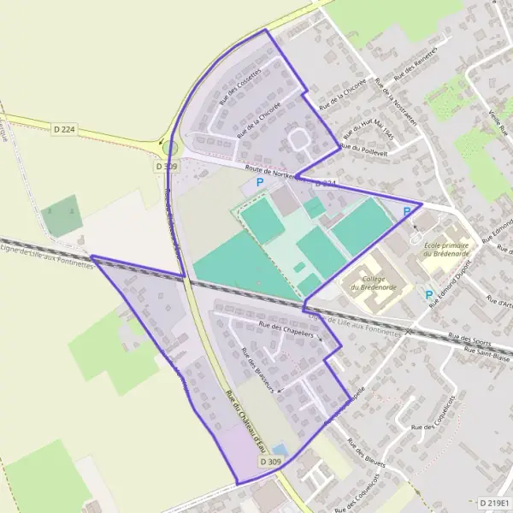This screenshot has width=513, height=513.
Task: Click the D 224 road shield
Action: point(64,129)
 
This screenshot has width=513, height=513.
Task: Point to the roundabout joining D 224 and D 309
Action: point(170,147)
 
